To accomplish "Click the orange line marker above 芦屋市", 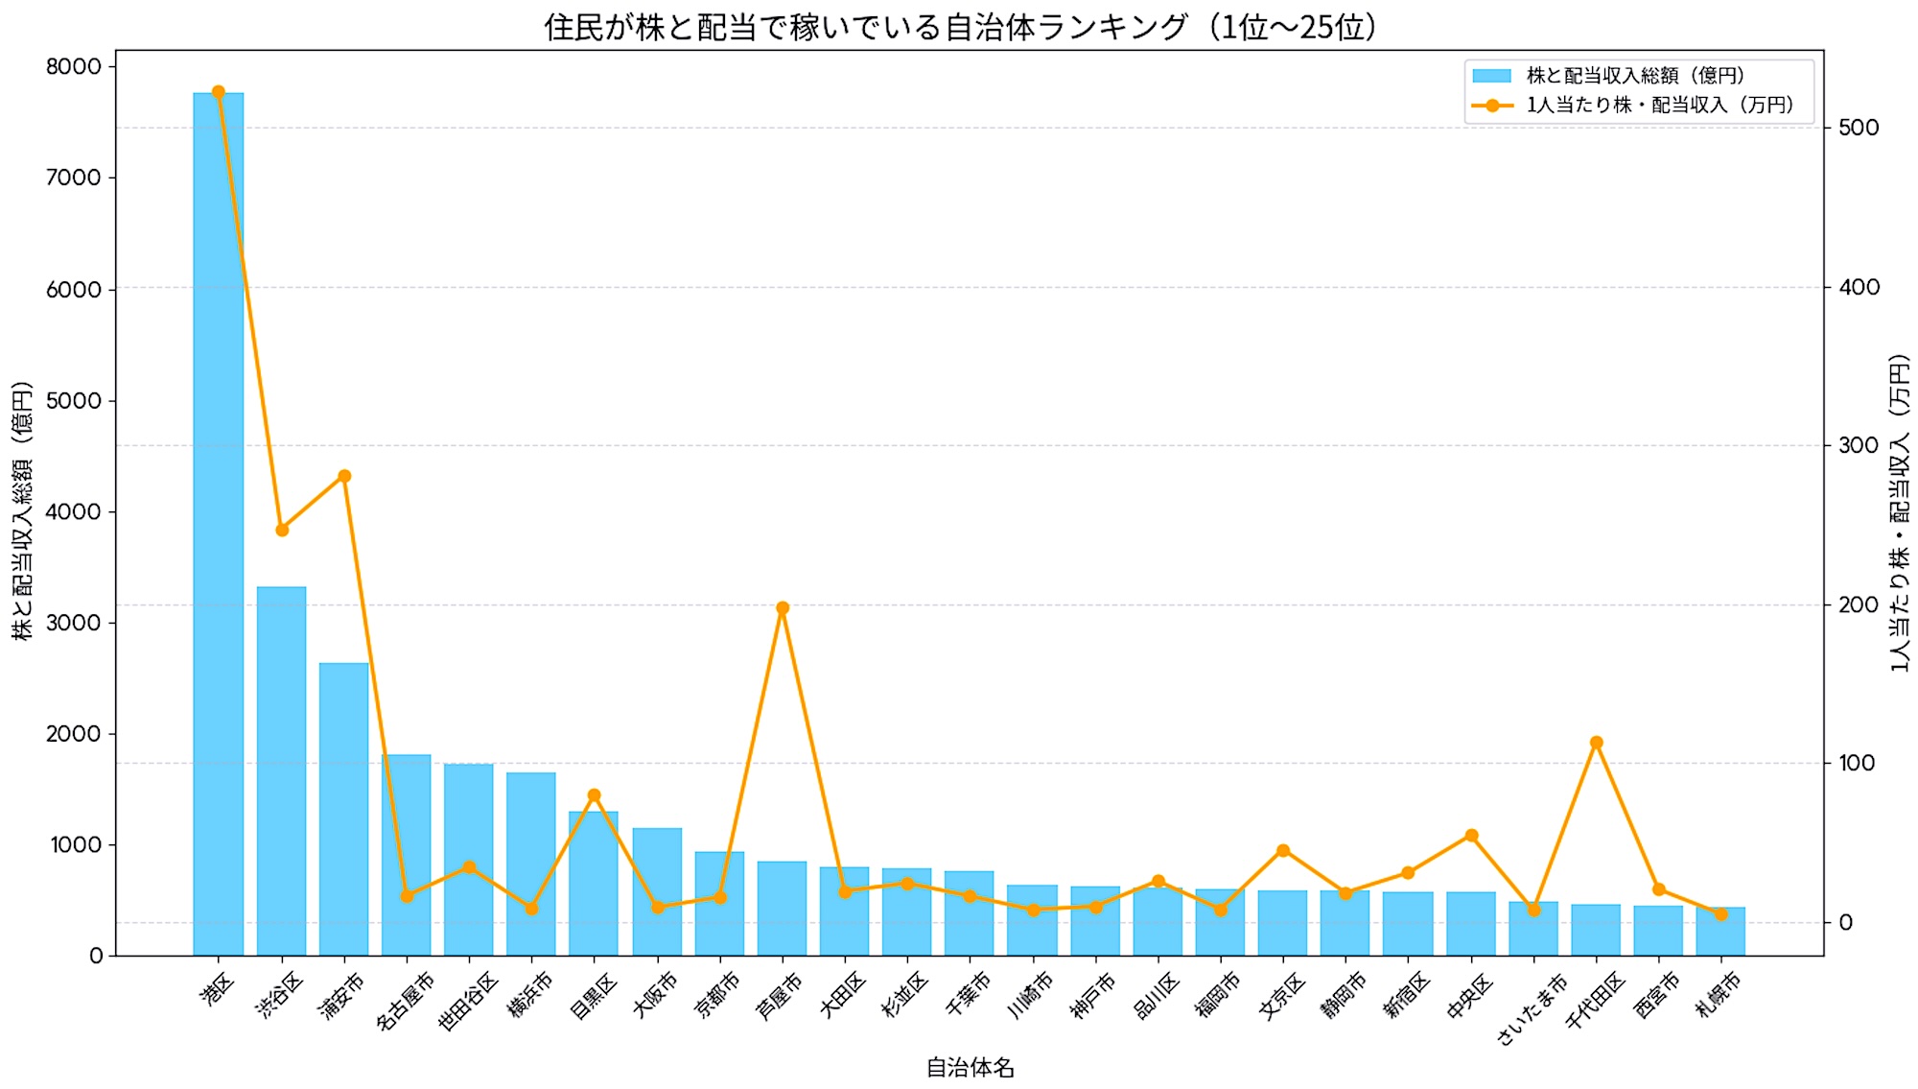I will point(783,607).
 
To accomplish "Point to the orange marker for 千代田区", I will point(1596,743).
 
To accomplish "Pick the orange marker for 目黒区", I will point(594,795).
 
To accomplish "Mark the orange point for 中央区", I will point(1471,836).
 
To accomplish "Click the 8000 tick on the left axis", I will point(74,66).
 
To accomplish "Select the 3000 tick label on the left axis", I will point(74,622).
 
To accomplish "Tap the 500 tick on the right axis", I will point(1859,128).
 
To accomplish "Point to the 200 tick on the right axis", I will point(1859,604).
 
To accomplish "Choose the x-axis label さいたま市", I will point(1532,1007).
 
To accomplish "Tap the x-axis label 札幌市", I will point(1719,993).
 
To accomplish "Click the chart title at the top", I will point(959,26).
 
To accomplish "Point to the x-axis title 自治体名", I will point(970,1067).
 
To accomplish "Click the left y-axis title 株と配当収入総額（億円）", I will point(22,510).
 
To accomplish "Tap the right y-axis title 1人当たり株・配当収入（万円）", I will point(1900,513).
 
